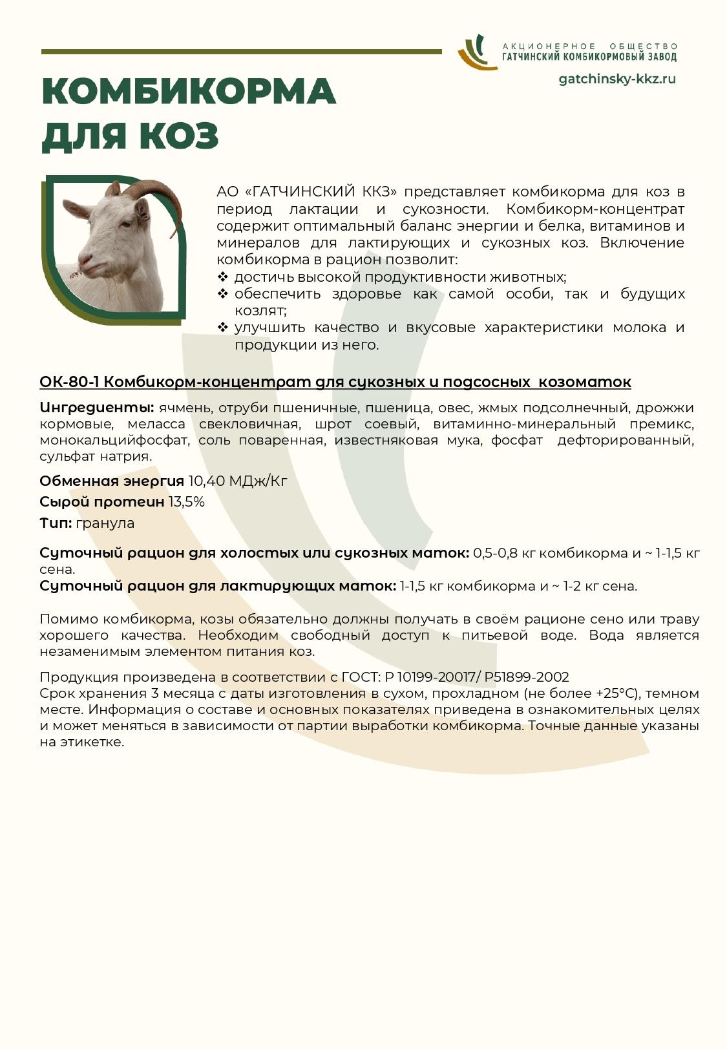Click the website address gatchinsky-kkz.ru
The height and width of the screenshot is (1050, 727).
click(x=616, y=79)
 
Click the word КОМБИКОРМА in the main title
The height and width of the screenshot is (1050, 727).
click(x=189, y=92)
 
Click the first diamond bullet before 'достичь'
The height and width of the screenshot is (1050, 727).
click(x=223, y=277)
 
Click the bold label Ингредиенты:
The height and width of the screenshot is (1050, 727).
click(x=96, y=408)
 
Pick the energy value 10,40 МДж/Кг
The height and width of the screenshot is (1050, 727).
click(x=237, y=481)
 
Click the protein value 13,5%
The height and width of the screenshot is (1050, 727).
click(x=187, y=502)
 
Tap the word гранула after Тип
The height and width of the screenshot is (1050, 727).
click(x=105, y=523)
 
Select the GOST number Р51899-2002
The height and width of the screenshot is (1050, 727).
click(x=526, y=677)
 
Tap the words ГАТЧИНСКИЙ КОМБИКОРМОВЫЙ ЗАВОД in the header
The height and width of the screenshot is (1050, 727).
click(x=589, y=57)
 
